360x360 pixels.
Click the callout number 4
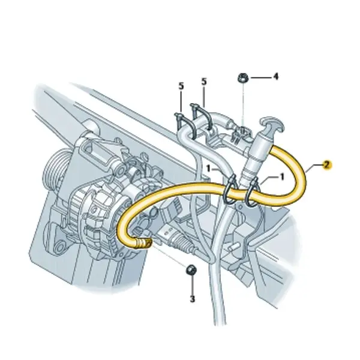pos(276,76)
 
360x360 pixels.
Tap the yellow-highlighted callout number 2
pos(327,164)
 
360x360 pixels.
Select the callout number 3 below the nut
pos(193,299)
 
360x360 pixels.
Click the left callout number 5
pos(181,86)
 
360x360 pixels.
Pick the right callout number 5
pos(204,82)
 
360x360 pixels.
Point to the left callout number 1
pos(208,169)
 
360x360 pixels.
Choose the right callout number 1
pos(282,177)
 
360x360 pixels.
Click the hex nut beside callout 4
pos(242,78)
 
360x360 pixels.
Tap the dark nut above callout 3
pos(191,270)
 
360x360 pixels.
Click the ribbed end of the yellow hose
pos(144,242)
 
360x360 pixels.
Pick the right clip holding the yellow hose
pos(252,191)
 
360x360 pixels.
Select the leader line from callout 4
pos(261,77)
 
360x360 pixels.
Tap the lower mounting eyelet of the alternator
pos(60,247)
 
